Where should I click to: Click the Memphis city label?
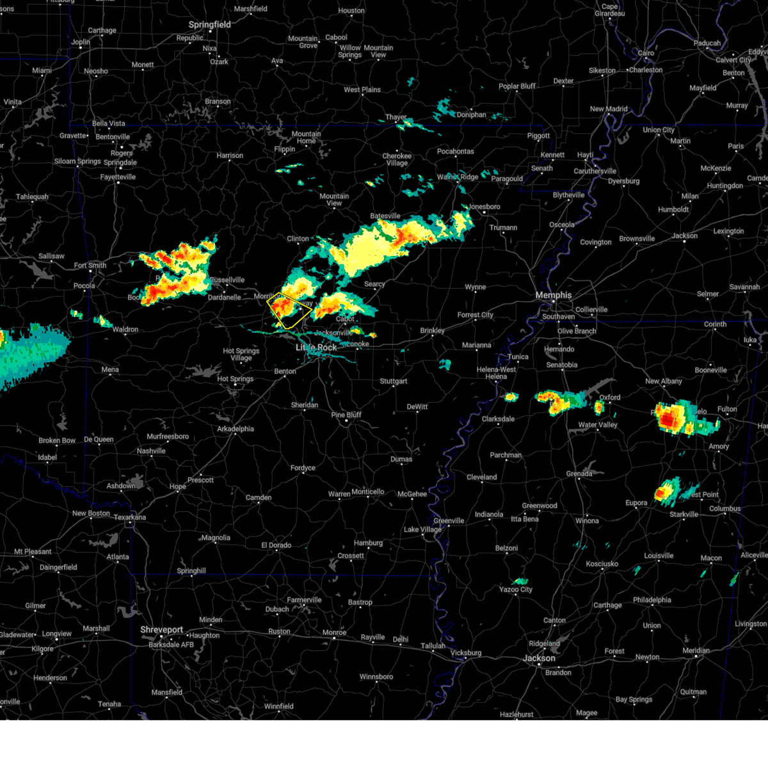point(553,295)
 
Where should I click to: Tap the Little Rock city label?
point(316,348)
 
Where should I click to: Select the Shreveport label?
point(162,630)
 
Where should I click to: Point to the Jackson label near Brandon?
point(539,658)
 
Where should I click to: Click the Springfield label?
point(209,24)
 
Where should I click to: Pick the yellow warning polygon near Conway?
point(289,310)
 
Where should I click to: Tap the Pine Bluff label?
point(346,415)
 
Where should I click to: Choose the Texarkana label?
point(130,517)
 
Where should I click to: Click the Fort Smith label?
point(90,266)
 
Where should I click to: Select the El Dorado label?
point(276,545)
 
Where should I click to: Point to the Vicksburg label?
point(465,653)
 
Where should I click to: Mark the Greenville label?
point(449,520)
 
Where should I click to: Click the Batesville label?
point(385,216)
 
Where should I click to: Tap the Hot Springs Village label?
point(241,355)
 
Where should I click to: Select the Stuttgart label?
point(394,381)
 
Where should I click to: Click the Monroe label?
point(334,632)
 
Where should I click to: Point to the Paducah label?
point(707,44)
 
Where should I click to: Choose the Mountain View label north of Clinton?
point(334,200)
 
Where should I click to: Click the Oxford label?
point(610,397)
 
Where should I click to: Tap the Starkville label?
point(684,515)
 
